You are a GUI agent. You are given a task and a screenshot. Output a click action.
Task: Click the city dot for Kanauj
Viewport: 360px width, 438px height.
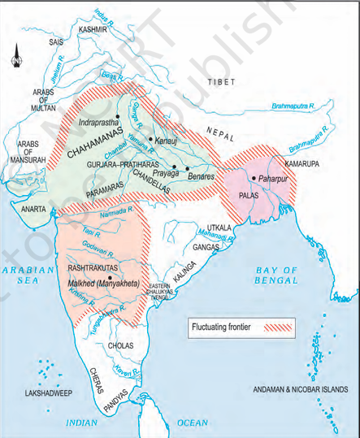click(151, 139)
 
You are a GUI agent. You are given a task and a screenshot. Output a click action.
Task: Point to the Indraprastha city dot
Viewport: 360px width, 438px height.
click(119, 115)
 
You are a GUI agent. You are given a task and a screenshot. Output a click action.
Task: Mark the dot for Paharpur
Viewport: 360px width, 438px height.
click(254, 178)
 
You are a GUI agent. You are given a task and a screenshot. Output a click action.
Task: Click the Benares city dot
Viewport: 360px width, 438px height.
click(187, 168)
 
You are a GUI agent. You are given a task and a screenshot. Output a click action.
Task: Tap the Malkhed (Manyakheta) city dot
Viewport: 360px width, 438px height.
click(111, 277)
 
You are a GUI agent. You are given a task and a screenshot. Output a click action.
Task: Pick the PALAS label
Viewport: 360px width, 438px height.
click(249, 196)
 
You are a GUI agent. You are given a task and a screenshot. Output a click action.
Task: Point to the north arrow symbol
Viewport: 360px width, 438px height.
click(15, 59)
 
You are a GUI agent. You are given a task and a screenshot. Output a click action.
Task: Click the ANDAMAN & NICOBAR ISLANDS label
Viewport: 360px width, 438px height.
click(302, 388)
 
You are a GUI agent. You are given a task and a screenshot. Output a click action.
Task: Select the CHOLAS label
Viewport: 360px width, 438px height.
click(120, 345)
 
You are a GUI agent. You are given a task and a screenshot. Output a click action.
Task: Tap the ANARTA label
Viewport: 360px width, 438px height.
click(33, 208)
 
